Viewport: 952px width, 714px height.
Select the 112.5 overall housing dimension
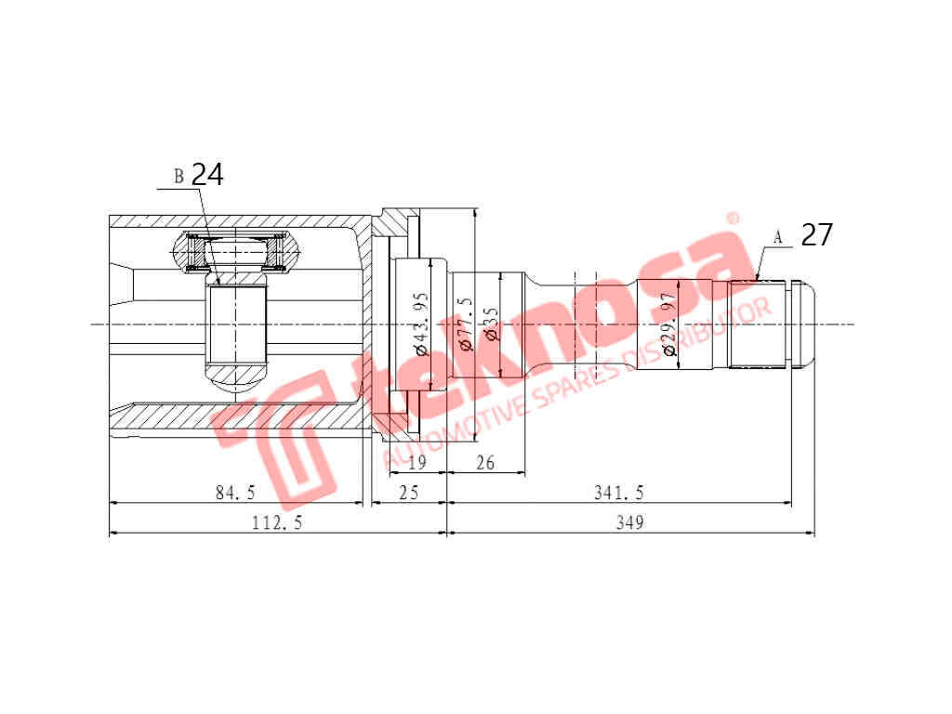(277, 522)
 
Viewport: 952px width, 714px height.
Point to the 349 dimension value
(629, 522)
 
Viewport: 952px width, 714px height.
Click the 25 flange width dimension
(408, 492)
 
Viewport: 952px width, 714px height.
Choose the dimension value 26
(484, 462)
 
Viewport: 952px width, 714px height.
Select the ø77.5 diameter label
(466, 323)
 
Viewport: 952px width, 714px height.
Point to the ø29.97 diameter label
(668, 325)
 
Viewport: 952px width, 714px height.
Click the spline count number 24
(207, 175)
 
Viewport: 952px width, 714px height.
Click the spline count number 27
(816, 235)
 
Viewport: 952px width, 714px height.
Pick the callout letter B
(178, 177)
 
